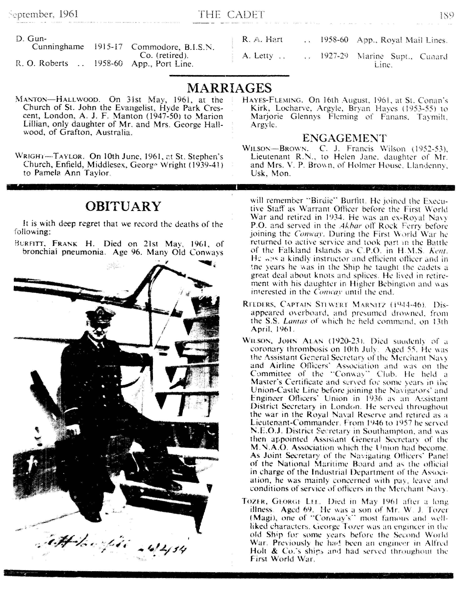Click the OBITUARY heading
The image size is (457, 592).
tap(123, 206)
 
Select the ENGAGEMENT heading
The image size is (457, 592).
tap(344, 138)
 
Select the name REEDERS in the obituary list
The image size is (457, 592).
tap(259, 304)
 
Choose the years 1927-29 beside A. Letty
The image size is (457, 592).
tap(334, 56)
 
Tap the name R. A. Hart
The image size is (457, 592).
tap(262, 40)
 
